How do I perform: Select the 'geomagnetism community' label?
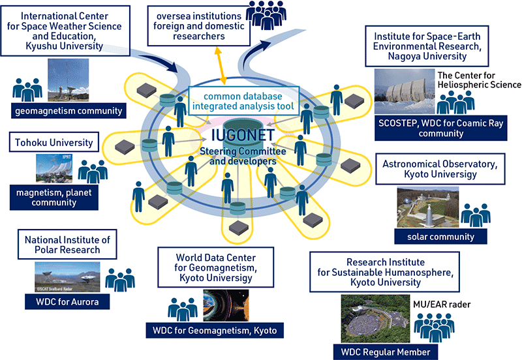coord(69,110)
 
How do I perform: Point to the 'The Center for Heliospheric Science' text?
coord(479,80)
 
